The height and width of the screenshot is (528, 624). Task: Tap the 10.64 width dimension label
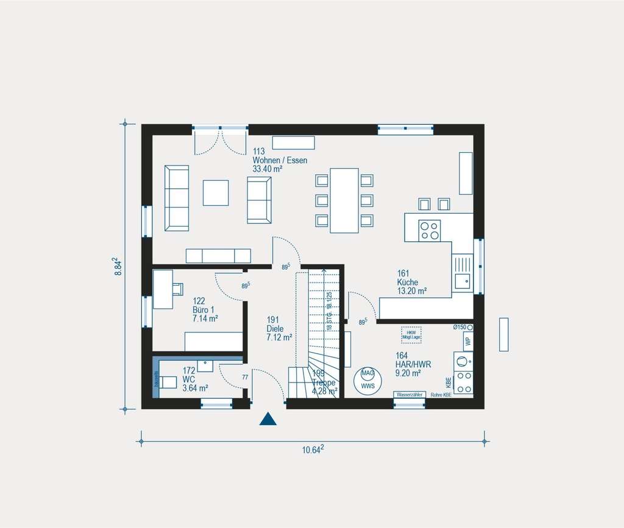coord(313,449)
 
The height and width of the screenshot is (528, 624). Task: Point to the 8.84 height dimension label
coord(119,266)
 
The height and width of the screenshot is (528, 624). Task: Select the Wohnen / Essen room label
coord(279,160)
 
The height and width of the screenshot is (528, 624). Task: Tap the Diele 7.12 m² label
coord(279,328)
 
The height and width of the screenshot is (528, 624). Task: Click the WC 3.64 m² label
coord(195,379)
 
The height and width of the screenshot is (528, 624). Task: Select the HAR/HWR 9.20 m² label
coord(413,364)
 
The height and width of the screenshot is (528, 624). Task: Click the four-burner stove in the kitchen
coord(430,230)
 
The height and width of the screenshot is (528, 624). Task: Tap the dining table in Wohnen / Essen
coord(344,200)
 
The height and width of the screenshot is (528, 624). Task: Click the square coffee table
coord(216,192)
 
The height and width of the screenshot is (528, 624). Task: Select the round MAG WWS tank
coord(367,380)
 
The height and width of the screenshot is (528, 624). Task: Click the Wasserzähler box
coord(409,395)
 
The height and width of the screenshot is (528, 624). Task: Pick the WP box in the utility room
coord(467,342)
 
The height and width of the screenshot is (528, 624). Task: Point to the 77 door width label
coord(245,378)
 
